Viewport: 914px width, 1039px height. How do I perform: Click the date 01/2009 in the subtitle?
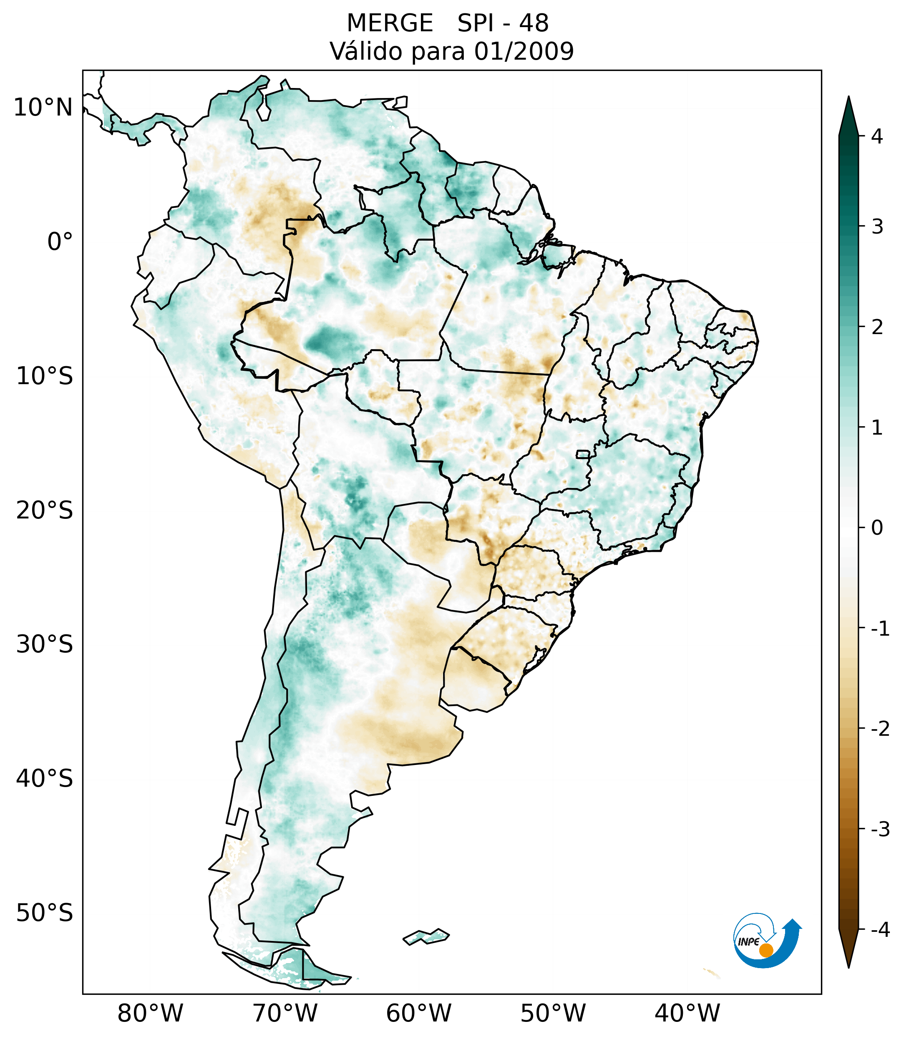(524, 51)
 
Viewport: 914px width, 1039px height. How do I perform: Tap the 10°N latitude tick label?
(43, 108)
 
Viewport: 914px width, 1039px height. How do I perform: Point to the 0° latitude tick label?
(60, 242)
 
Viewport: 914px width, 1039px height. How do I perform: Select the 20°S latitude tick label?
(45, 511)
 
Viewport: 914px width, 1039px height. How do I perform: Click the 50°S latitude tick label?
(45, 913)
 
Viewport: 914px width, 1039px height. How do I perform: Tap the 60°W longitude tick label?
(418, 1013)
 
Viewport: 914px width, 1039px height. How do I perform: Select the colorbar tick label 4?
(877, 136)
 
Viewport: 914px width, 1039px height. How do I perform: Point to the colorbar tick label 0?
(877, 528)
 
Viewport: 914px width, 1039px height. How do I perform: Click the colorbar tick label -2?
(880, 729)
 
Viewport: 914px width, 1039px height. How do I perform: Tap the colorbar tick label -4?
(880, 930)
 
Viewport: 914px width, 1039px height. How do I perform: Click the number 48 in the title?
(534, 23)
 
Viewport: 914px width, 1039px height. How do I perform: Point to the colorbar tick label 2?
(877, 327)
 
